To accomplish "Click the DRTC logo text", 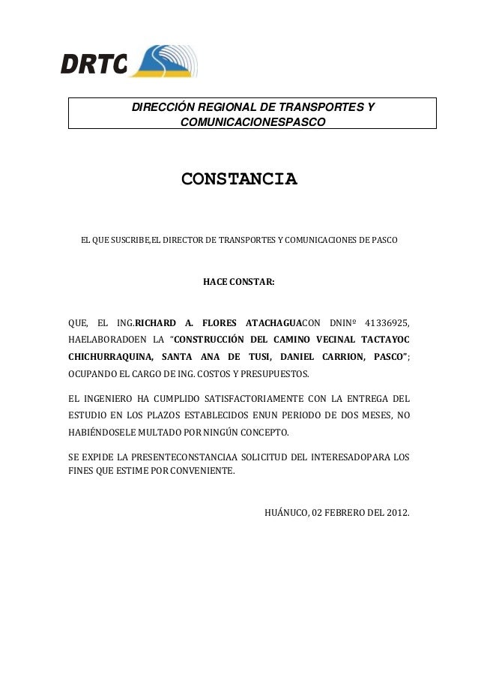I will [94, 65].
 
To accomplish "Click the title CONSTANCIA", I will [239, 180].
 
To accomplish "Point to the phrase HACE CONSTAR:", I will [239, 283].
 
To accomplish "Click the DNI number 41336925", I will [387, 323].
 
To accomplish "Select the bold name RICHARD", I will [157, 323].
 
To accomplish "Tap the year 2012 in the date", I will [396, 514].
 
